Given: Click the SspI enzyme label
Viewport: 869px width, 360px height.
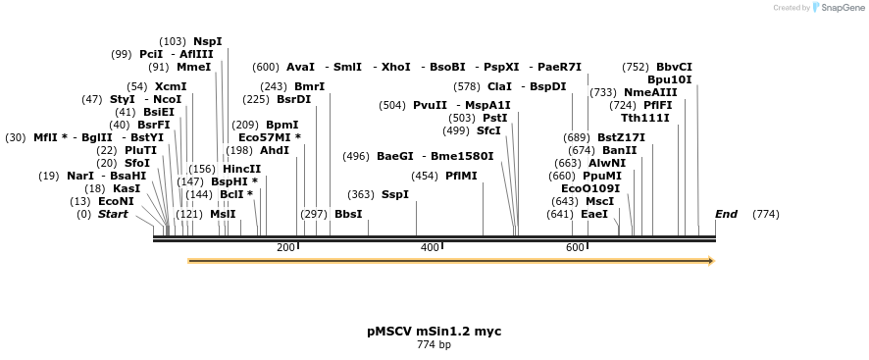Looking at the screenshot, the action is (x=394, y=194).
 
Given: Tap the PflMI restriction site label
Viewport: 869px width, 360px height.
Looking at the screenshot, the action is (x=461, y=176).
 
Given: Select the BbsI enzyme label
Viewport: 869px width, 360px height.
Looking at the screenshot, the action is (x=348, y=214).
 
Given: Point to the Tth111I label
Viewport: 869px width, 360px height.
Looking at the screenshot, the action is (x=644, y=118).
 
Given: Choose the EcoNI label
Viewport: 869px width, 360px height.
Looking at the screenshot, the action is (x=115, y=201).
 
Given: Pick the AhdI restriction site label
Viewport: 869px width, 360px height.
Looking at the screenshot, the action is (x=274, y=150).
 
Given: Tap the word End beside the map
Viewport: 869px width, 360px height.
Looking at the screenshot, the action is (x=726, y=214).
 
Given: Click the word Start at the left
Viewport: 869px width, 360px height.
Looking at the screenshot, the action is (x=113, y=214).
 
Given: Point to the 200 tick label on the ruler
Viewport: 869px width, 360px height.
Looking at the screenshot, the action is (x=285, y=247).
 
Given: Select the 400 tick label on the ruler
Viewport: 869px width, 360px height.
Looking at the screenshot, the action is (x=430, y=247).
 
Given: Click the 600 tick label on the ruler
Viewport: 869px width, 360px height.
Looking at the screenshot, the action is (x=575, y=247).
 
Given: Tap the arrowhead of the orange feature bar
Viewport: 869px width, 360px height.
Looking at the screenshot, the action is (x=711, y=261).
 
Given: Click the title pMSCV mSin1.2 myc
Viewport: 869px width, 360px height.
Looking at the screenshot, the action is (x=434, y=332).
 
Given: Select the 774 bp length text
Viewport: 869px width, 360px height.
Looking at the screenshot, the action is (x=434, y=344).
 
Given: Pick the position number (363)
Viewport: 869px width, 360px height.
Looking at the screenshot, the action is (x=361, y=194).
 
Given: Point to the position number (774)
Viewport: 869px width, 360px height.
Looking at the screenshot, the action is (x=765, y=214).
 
